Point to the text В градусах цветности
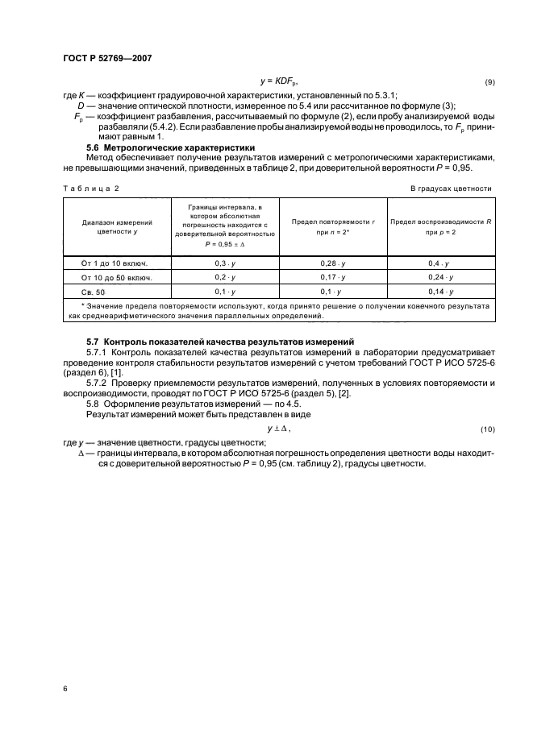pyautogui.click(x=451, y=188)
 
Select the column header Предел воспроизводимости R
pyautogui.click(x=440, y=226)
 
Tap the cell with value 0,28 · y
pyautogui.click(x=331, y=263)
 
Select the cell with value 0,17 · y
pyautogui.click(x=331, y=277)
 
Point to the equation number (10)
pyautogui.click(x=487, y=428)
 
